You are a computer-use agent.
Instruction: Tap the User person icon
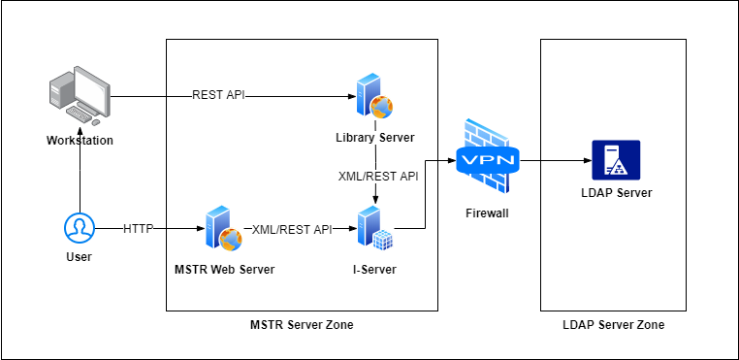(x=79, y=229)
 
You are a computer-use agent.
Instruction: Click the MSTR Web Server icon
(x=223, y=230)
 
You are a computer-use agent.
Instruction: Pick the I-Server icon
(x=374, y=230)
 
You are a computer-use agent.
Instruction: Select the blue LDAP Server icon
(x=616, y=159)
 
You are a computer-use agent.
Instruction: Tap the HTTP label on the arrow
(x=139, y=229)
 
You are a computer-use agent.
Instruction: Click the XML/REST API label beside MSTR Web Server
(x=292, y=229)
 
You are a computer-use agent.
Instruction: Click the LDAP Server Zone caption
(x=613, y=325)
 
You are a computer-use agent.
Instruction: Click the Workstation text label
(x=80, y=141)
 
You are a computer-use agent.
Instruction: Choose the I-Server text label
(x=374, y=269)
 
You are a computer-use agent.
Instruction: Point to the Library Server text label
(x=374, y=138)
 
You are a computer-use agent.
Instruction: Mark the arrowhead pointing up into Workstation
(x=80, y=152)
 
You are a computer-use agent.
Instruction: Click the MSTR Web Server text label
(x=223, y=269)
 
